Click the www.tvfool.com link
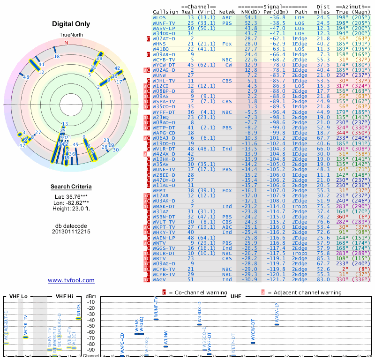pyautogui.click(x=71, y=280)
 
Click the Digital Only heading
pyautogui.click(x=71, y=24)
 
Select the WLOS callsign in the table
pyautogui.click(x=159, y=17)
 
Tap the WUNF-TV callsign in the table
pyautogui.click(x=164, y=22)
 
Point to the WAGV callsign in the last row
pyautogui.click(x=159, y=279)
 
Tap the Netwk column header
pyautogui.click(x=227, y=11)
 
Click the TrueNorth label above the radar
pyautogui.click(x=71, y=35)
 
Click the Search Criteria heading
pyautogui.click(x=71, y=187)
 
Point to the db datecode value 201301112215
pyautogui.click(x=71, y=232)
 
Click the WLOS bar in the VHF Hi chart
pyautogui.click(x=79, y=319)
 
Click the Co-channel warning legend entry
pyautogui.click(x=191, y=292)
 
